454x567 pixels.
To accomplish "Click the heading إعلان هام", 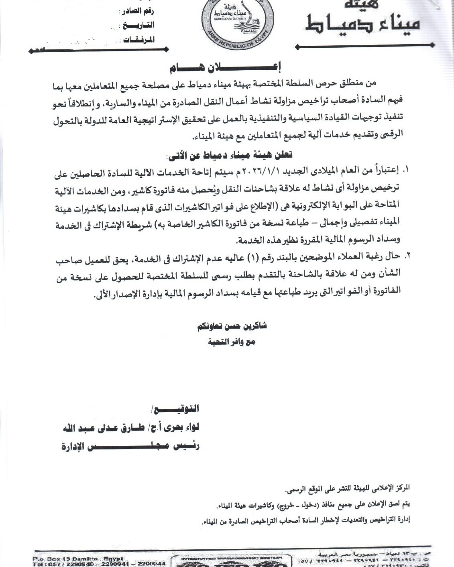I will click(x=225, y=67).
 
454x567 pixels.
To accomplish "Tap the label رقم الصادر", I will click(x=137, y=11).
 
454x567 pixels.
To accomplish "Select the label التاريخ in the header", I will click(x=138, y=25).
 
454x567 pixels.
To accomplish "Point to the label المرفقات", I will click(x=139, y=39).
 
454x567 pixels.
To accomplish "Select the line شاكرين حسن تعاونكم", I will click(x=232, y=326).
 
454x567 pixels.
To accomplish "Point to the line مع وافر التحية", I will click(x=232, y=342).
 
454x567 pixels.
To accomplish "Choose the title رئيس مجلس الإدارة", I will click(x=130, y=446).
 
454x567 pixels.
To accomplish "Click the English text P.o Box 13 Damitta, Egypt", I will click(x=78, y=559).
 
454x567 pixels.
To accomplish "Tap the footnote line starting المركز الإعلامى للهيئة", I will click(x=347, y=488).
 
